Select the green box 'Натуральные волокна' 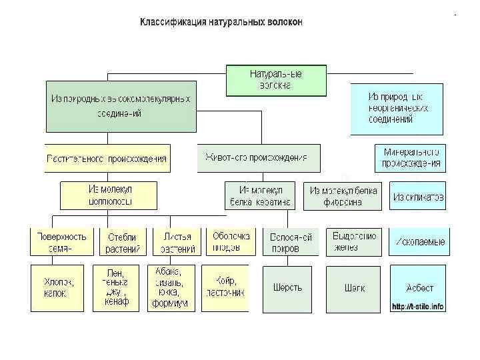(x=275, y=80)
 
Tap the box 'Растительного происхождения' (x=107, y=159)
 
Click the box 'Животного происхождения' (x=259, y=159)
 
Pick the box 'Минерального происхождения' (x=411, y=159)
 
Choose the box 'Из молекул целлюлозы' (x=110, y=195)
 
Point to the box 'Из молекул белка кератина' (x=260, y=195)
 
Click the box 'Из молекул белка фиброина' (x=343, y=196)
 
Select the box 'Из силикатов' (x=418, y=197)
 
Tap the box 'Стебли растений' (x=123, y=243)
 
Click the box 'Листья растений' (x=177, y=243)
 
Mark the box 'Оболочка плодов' (x=231, y=242)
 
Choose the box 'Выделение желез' (x=353, y=242)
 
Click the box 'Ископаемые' (x=418, y=241)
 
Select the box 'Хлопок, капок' (x=59, y=287)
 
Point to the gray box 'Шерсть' (x=287, y=289)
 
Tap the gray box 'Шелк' (x=353, y=289)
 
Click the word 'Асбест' (x=419, y=287)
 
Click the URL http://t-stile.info (x=418, y=307)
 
